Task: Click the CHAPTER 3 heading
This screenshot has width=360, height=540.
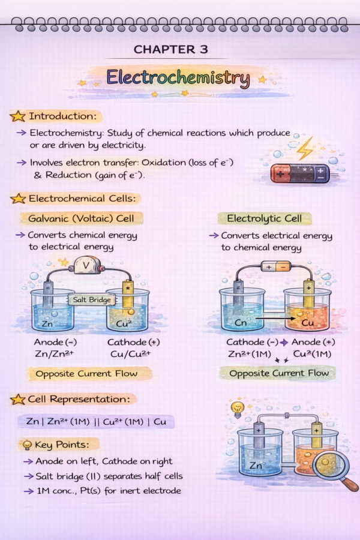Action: tap(171, 50)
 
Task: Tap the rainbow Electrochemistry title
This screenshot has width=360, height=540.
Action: tap(178, 78)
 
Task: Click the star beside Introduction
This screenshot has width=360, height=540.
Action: tap(18, 116)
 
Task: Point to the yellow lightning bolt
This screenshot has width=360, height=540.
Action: tap(305, 149)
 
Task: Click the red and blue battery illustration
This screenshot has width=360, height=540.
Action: tap(300, 173)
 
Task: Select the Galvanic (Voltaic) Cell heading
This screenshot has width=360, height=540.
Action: tap(81, 218)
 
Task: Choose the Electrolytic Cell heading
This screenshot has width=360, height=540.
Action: tap(264, 218)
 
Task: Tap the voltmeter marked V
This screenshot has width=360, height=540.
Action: tap(87, 265)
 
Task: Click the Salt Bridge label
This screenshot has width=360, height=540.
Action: tap(92, 300)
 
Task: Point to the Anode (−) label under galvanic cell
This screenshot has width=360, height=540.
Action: tap(55, 342)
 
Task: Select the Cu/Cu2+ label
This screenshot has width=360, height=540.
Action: tap(131, 354)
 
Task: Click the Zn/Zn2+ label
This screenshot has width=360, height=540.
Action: tap(54, 353)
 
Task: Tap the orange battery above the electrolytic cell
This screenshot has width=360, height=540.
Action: tap(276, 267)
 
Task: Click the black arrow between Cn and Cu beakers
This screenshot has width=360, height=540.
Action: tap(275, 319)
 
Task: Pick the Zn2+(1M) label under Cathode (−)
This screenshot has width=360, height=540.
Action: tap(250, 354)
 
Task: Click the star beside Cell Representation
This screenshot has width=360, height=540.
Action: tap(18, 400)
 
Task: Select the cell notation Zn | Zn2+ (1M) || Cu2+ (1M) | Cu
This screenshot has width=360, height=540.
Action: tap(96, 422)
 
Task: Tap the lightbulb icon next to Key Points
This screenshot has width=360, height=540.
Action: tap(26, 445)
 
